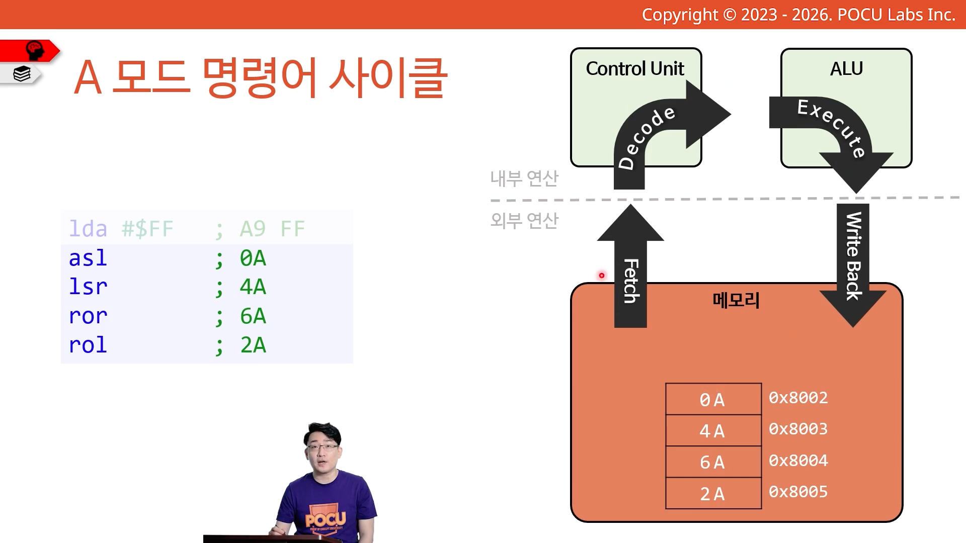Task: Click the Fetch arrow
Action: pos(630,266)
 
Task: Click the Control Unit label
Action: pos(635,68)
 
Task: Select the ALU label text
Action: pos(846,68)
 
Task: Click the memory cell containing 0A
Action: pos(713,399)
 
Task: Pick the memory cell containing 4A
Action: pos(713,430)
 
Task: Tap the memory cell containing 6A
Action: pos(713,462)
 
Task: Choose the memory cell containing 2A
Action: pos(713,493)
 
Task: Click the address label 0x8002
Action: pos(798,398)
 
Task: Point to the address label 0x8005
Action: pos(798,492)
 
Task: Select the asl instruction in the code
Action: pos(88,258)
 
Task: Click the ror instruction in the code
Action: pos(88,316)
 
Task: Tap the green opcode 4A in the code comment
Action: pos(253,287)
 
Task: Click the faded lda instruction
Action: pos(88,229)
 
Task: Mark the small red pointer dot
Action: pos(601,276)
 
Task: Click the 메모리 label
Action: pos(736,300)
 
